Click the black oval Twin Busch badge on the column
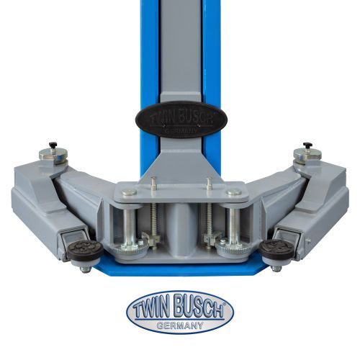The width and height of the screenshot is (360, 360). coord(181,120)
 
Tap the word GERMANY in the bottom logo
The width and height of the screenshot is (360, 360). coord(180,325)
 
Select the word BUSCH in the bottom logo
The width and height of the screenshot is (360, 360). coord(200,309)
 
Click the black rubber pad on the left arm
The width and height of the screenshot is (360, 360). coord(85,250)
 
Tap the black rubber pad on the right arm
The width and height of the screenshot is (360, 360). coord(276,249)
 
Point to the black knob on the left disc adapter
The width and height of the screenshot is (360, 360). coord(53,145)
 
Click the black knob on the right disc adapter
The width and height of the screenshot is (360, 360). coord(307,145)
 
